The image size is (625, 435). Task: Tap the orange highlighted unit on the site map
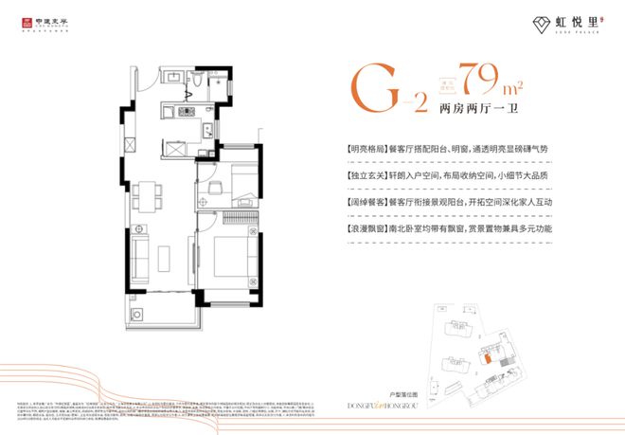[x=485, y=357]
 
